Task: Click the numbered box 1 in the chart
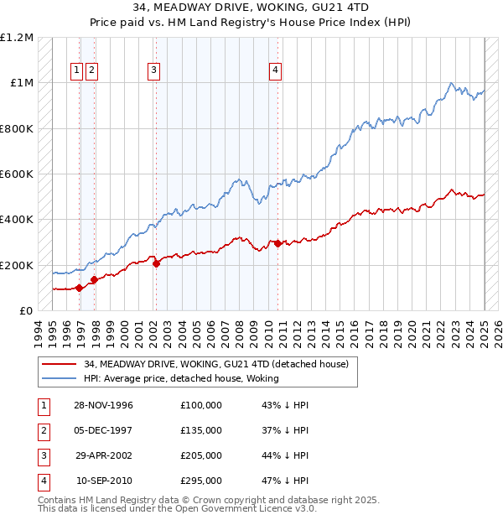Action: click(76, 71)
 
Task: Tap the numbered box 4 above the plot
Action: click(275, 71)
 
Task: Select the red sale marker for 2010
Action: click(277, 243)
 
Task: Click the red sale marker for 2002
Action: click(156, 263)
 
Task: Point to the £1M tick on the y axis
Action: click(22, 83)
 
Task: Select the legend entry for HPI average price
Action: click(185, 378)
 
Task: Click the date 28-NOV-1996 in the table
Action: click(103, 405)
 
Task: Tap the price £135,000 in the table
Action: click(200, 430)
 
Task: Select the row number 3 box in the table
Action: click(44, 455)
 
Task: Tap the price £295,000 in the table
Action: click(200, 481)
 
